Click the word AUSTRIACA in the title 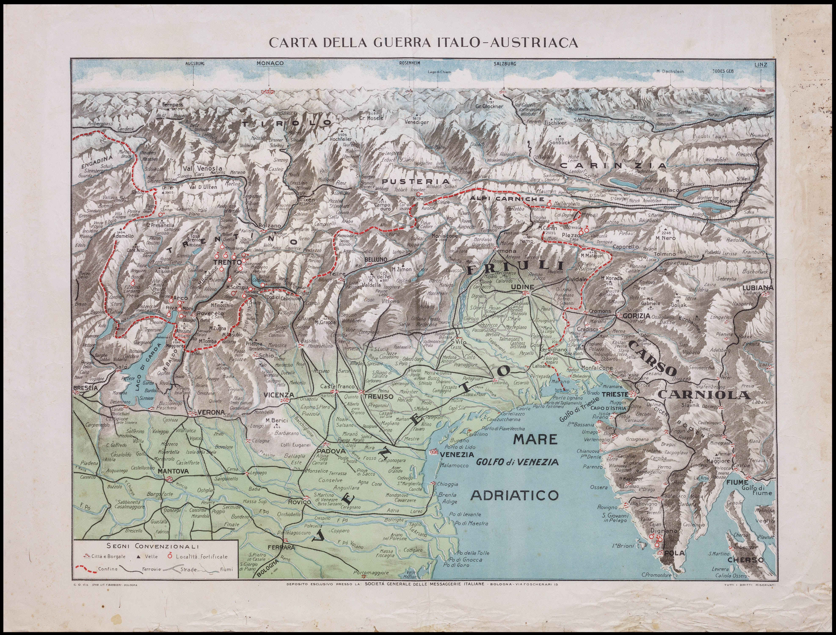[534, 42]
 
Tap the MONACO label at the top [270, 63]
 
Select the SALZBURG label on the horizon [504, 63]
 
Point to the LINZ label [761, 65]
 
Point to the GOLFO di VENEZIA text [517, 462]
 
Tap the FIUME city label [737, 483]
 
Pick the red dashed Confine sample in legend [86, 569]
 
